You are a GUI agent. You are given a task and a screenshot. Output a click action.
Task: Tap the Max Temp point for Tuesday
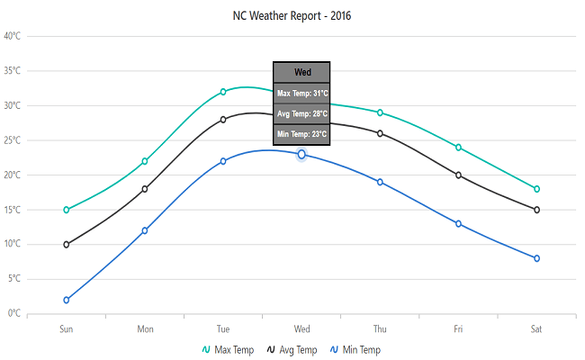click(x=223, y=92)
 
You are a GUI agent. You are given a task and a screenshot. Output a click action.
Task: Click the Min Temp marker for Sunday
click(x=67, y=300)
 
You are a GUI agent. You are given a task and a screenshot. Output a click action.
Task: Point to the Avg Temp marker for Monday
click(x=145, y=189)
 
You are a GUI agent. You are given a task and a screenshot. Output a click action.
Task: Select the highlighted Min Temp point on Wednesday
click(x=301, y=155)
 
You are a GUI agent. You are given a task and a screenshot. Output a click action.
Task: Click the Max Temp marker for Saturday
click(x=536, y=189)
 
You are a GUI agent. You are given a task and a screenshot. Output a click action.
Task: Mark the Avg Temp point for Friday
click(x=458, y=175)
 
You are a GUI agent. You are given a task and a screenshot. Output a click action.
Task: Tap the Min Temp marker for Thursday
click(x=380, y=182)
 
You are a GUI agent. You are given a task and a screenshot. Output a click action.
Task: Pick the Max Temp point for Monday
click(x=145, y=161)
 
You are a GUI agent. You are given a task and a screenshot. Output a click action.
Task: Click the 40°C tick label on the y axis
click(x=12, y=36)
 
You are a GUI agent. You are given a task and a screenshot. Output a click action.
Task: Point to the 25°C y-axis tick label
click(x=12, y=140)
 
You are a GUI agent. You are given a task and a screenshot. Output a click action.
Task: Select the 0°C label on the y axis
click(x=13, y=313)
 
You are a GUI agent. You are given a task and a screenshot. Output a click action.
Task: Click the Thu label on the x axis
click(x=380, y=328)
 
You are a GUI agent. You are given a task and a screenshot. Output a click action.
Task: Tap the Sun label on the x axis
click(x=67, y=328)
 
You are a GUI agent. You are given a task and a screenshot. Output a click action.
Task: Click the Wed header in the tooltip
click(x=302, y=73)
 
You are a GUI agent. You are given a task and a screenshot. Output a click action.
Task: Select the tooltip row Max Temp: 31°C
click(x=302, y=94)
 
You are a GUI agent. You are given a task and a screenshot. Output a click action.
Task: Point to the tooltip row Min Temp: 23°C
click(x=302, y=134)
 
